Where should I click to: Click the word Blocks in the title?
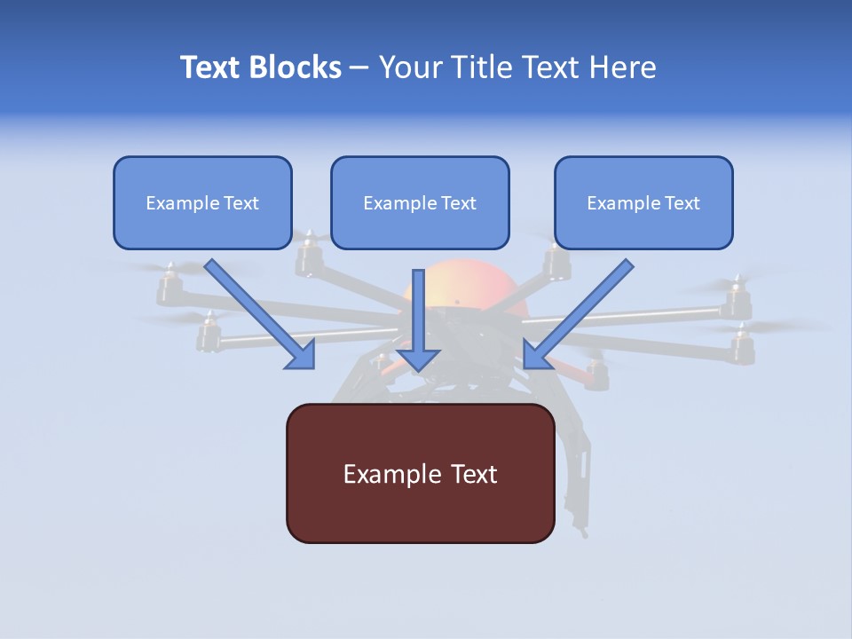(x=294, y=67)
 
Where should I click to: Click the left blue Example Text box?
(x=202, y=203)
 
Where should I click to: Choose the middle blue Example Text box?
(x=420, y=203)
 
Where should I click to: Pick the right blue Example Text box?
(x=643, y=203)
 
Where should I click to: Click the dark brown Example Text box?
(x=420, y=474)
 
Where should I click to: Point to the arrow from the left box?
(x=257, y=312)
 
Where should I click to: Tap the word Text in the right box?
(x=682, y=203)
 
